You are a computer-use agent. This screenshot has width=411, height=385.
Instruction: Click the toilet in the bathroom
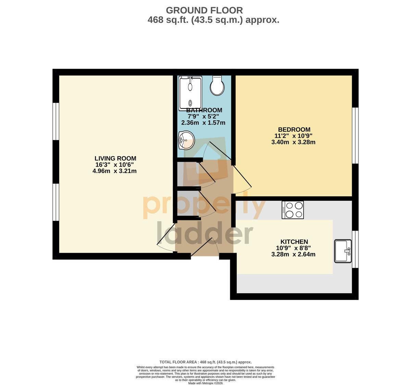[217, 85]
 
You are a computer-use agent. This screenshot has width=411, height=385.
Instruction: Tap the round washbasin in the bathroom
[186, 140]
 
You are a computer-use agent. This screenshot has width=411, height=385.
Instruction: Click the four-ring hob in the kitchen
[292, 210]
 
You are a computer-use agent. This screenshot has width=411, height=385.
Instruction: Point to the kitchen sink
[343, 251]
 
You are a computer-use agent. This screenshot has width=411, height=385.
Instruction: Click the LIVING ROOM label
[115, 159]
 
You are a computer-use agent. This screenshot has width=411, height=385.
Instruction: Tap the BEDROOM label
[294, 130]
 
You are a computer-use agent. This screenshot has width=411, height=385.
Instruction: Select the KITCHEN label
[294, 242]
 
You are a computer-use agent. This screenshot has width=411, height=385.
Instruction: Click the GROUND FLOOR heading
[204, 10]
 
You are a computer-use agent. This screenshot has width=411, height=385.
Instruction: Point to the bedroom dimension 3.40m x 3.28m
[293, 142]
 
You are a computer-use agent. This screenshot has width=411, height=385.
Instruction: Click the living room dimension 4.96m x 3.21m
[114, 171]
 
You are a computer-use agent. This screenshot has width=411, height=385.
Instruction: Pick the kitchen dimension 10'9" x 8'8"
[293, 248]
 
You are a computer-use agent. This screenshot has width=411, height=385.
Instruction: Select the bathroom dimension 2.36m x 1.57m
[203, 123]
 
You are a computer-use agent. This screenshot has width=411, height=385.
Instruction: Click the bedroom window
[355, 135]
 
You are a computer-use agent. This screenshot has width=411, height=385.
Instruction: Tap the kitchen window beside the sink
[355, 249]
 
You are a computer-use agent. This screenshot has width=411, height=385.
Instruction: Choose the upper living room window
[56, 121]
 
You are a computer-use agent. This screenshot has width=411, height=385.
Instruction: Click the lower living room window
[56, 202]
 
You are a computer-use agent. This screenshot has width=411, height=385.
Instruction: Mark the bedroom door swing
[242, 180]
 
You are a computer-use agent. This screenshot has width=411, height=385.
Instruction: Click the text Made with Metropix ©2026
[205, 383]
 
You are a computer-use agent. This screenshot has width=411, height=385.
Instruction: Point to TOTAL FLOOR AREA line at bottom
[205, 362]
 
